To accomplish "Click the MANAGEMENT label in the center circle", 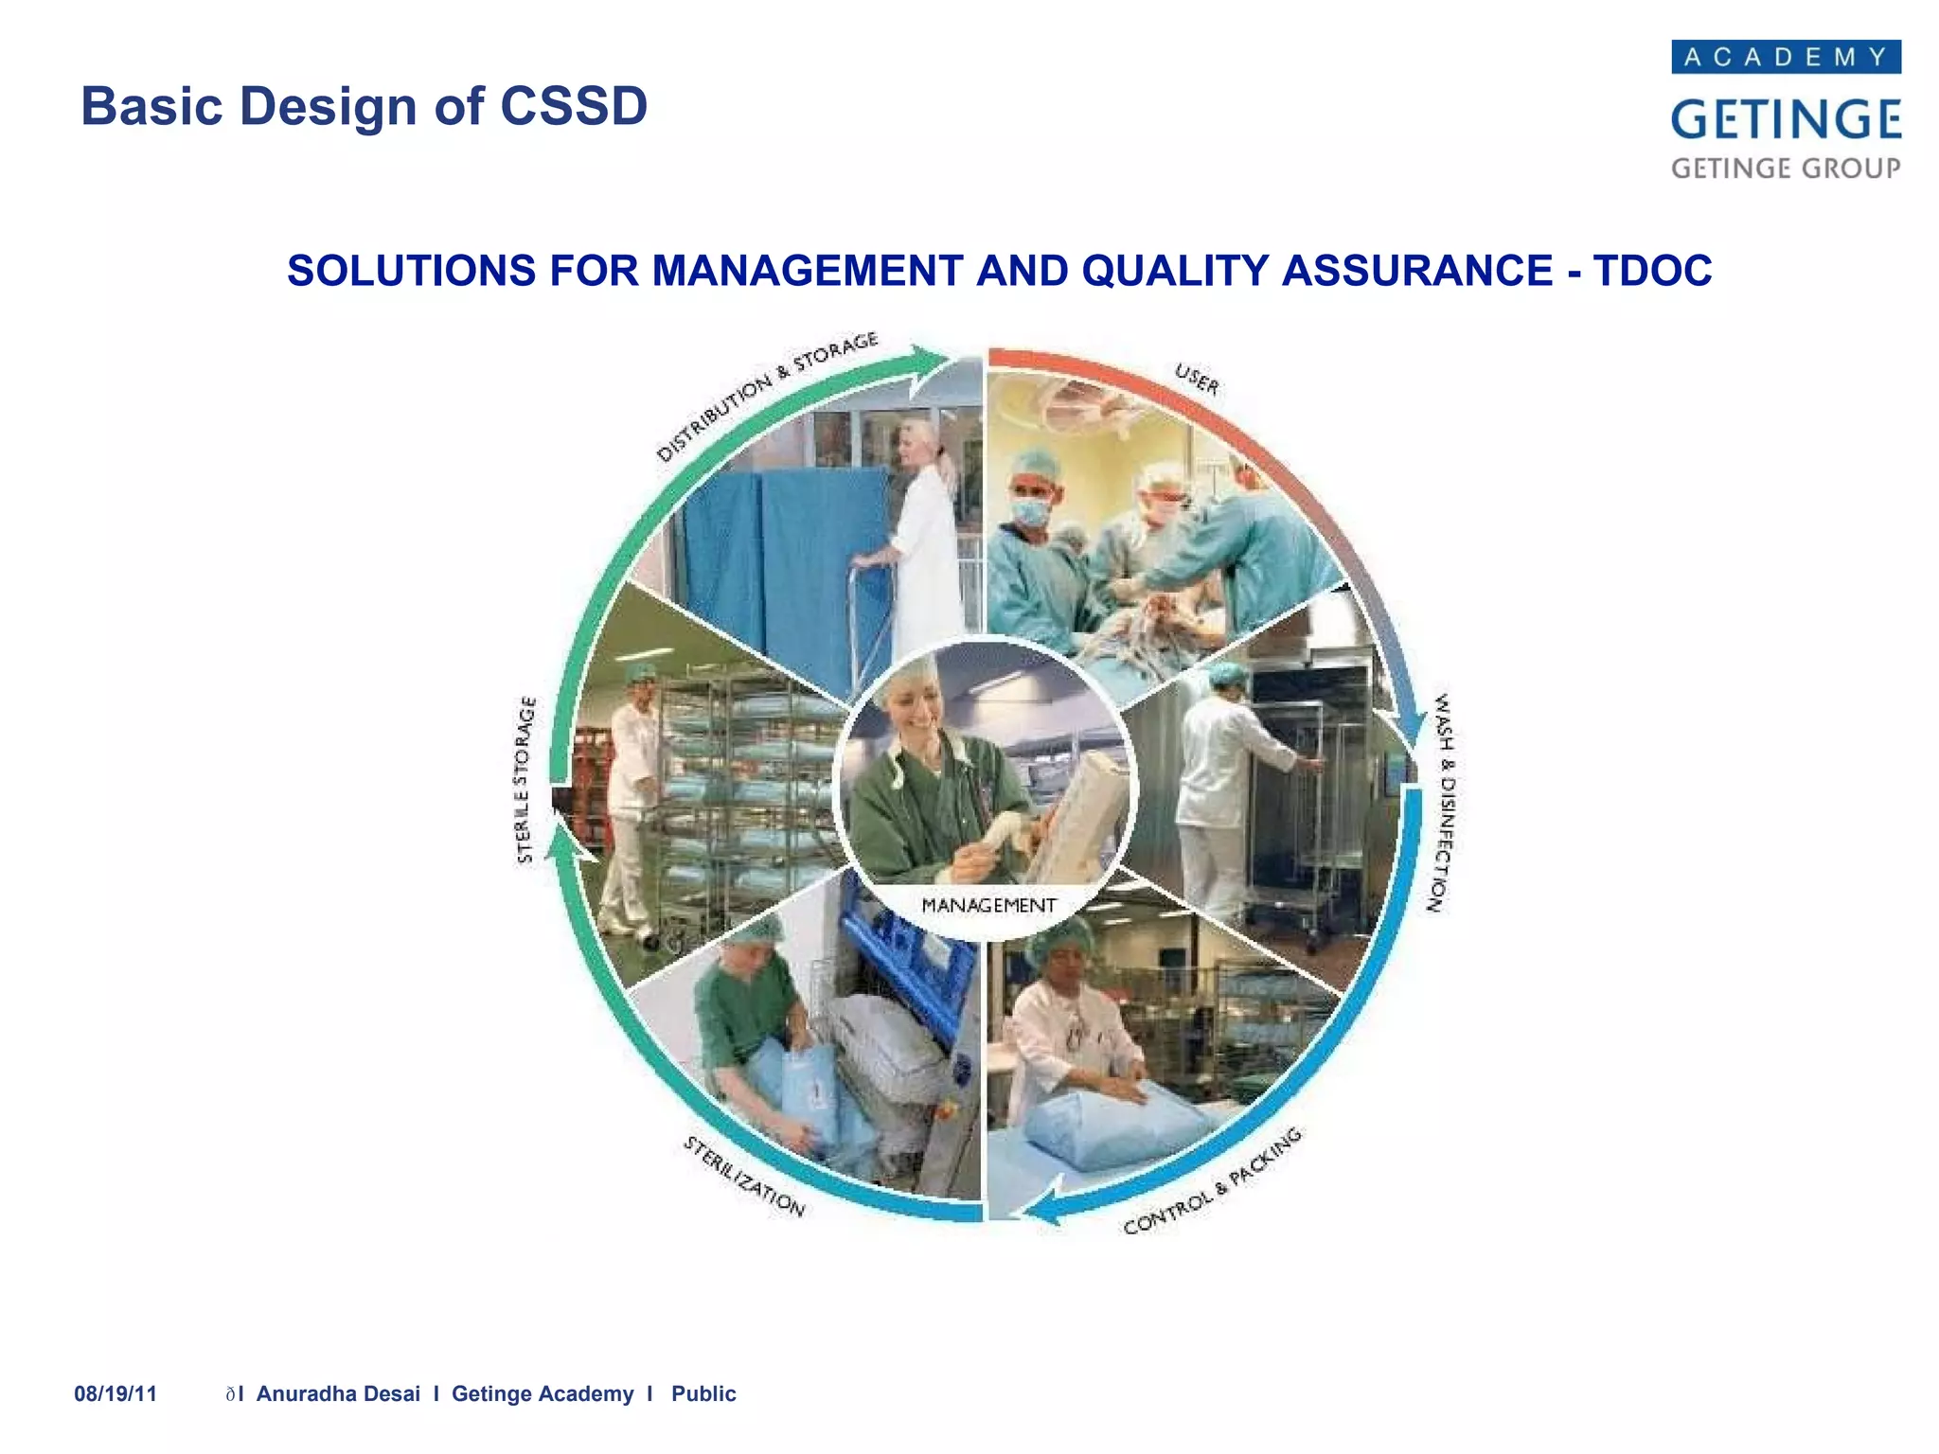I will [988, 906].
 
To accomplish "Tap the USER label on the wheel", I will [1198, 380].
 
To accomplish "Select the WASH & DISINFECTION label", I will [1441, 803].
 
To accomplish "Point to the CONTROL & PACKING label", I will [1213, 1182].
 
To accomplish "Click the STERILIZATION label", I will [744, 1177].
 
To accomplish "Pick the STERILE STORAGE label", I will [525, 780].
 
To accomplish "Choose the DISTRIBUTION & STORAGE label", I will [767, 396].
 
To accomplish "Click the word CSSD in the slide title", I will [574, 106].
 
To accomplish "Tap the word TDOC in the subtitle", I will [1652, 271].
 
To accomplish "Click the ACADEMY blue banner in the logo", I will [1786, 57].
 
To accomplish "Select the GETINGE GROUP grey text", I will [1786, 168].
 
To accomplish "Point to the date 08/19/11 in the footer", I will [116, 1393].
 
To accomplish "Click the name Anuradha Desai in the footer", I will [338, 1393].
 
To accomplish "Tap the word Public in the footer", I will [703, 1393].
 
